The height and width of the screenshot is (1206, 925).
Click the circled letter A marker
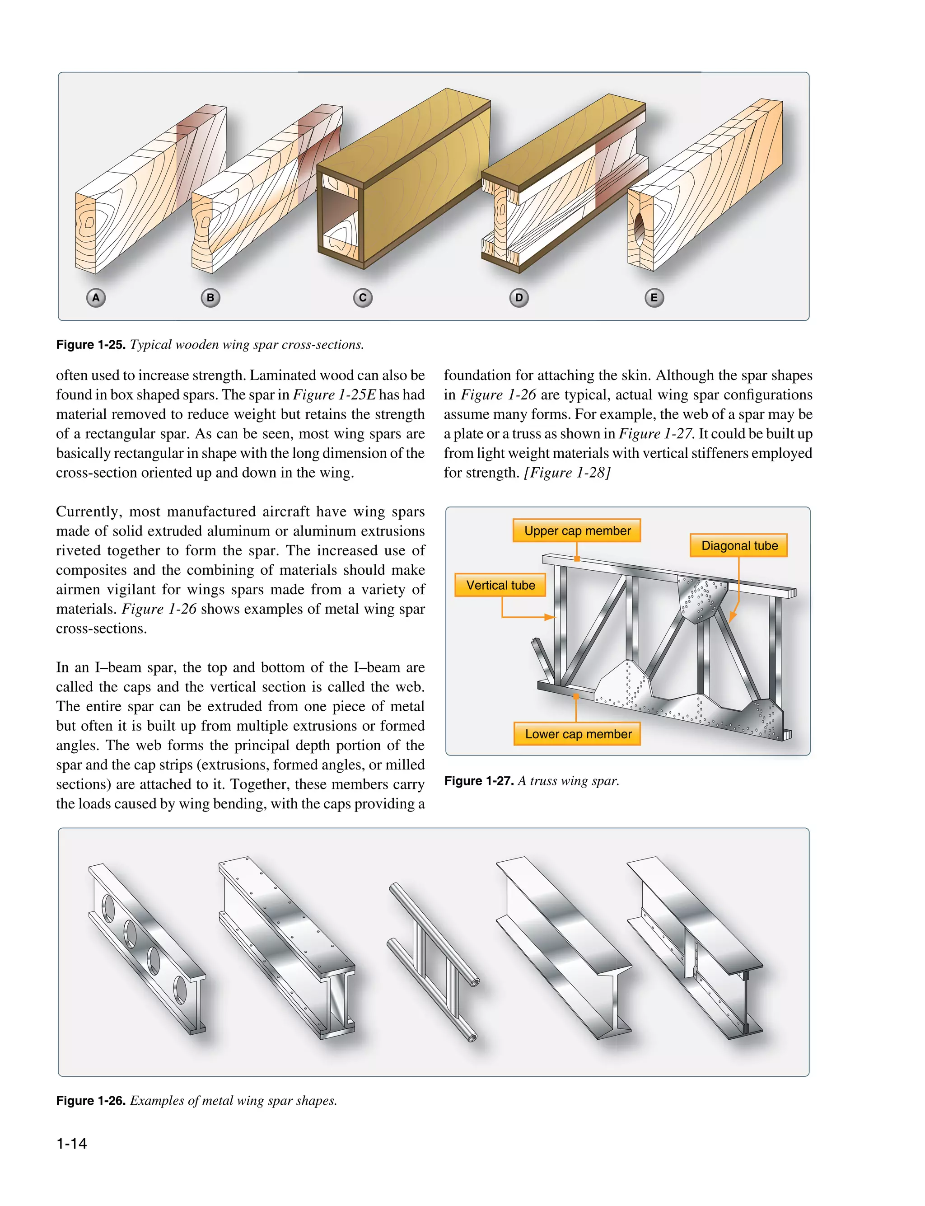pos(96,298)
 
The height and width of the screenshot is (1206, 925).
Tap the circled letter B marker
pos(210,298)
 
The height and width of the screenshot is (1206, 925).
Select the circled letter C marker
pos(362,298)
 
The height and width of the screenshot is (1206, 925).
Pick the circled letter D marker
pos(519,298)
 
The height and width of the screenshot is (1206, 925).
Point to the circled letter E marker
pos(654,298)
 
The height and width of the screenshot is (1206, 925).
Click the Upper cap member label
pos(577,531)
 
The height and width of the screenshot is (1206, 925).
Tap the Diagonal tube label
pos(739,546)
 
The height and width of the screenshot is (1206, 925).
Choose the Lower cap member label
pos(578,734)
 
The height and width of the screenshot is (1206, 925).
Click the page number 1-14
pos(71,1143)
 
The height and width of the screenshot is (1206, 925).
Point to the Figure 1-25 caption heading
pos(91,345)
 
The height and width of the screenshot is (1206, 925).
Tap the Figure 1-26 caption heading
pos(91,1100)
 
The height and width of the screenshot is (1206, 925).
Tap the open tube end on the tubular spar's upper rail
pos(474,982)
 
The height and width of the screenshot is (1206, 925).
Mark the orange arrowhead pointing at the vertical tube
pos(550,617)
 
